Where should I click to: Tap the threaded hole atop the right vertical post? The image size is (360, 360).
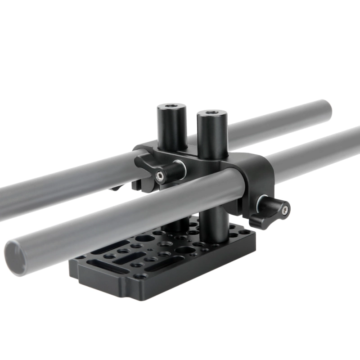point(211,113)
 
